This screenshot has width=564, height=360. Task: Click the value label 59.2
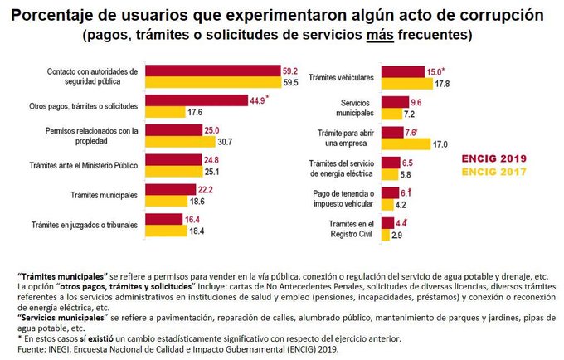(289, 72)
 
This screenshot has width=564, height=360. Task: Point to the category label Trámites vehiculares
(341, 77)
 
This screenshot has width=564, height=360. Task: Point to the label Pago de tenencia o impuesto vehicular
(340, 198)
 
